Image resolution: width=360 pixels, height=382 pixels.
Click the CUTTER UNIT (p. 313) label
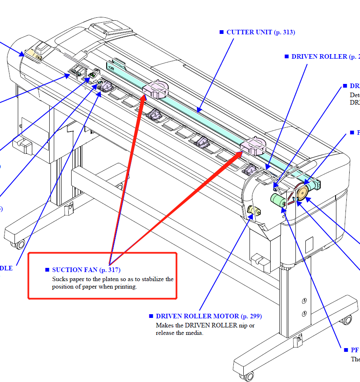tap(261, 32)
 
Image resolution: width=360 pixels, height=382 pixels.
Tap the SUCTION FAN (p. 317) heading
tap(86, 270)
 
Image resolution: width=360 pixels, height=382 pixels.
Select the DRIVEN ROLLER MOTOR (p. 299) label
tap(209, 316)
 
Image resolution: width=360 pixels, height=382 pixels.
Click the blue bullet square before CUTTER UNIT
tap(222, 32)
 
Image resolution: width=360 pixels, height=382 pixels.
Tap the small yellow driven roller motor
tap(253, 211)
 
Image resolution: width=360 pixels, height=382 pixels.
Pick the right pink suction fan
tap(253, 146)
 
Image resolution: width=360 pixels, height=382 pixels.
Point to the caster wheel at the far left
tap(19, 244)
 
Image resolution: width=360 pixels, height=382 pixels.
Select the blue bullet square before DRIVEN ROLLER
tap(286, 56)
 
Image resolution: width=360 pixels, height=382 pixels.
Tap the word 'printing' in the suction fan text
tap(125, 287)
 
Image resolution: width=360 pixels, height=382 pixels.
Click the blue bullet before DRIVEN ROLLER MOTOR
tap(151, 316)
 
